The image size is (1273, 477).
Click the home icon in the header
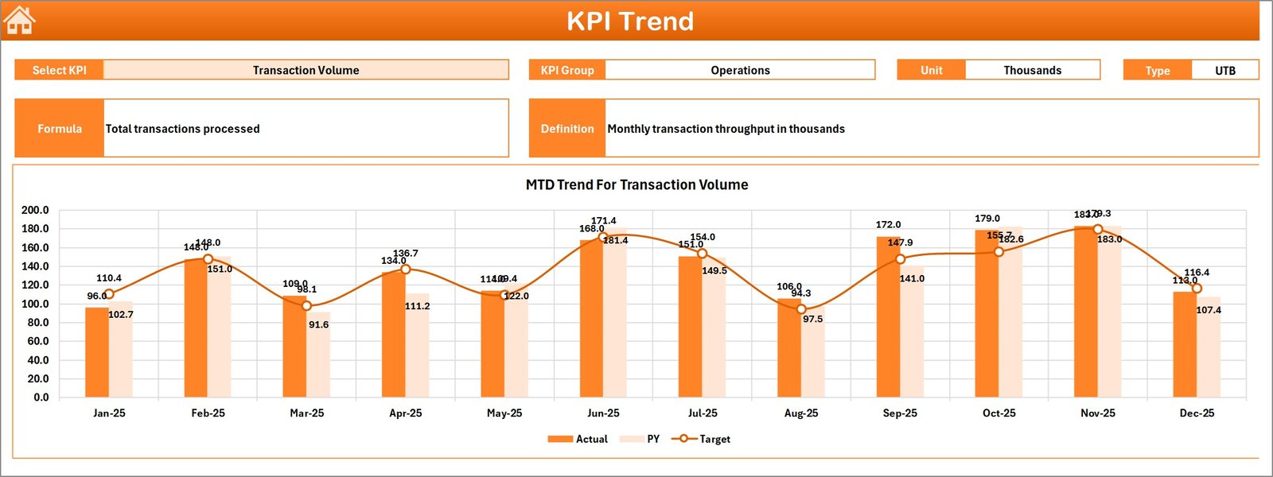(x=20, y=21)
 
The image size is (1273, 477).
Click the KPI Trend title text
(x=629, y=21)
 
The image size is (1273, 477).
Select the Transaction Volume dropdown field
(x=306, y=70)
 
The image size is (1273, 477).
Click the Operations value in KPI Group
(x=740, y=70)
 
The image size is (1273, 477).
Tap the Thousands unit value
(x=1032, y=70)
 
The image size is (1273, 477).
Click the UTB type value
(x=1224, y=70)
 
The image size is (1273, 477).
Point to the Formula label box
(x=60, y=128)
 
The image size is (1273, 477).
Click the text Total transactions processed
(x=183, y=129)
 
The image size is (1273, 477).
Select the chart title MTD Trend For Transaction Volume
(x=636, y=184)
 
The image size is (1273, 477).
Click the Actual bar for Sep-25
(x=888, y=318)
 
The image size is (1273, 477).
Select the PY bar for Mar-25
(x=318, y=355)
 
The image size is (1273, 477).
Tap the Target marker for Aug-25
(x=801, y=309)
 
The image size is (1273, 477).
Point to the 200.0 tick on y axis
(x=35, y=210)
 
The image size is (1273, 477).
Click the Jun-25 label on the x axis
(x=603, y=413)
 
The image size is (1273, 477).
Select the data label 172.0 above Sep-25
(x=888, y=225)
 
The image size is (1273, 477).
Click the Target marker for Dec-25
(x=1197, y=289)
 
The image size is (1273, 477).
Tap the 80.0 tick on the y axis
(x=37, y=322)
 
